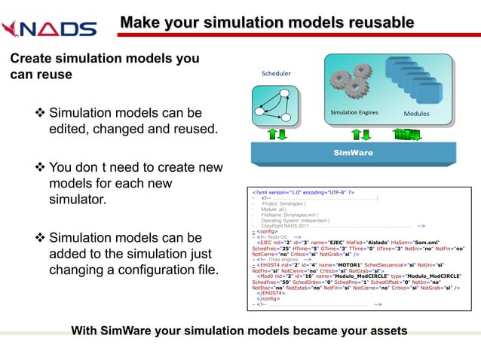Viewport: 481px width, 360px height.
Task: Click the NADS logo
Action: [x=49, y=29]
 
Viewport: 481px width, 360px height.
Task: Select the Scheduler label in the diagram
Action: [x=276, y=74]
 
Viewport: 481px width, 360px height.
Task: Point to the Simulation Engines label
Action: [x=354, y=112]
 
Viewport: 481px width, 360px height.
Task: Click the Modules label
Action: [x=417, y=114]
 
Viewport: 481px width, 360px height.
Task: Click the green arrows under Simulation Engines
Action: [x=354, y=134]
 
